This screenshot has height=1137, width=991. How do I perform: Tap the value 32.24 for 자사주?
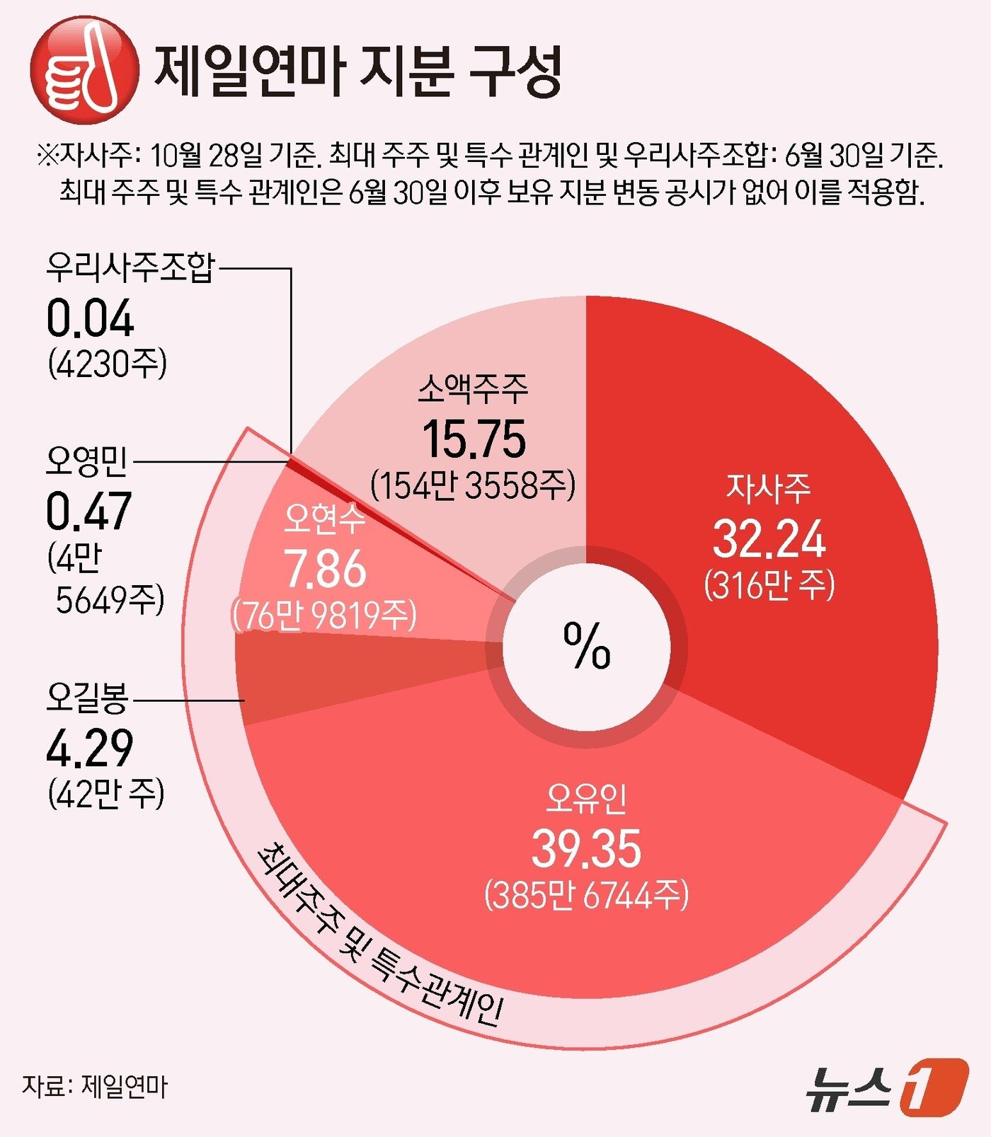tap(769, 539)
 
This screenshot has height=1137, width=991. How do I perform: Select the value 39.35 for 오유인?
tap(586, 848)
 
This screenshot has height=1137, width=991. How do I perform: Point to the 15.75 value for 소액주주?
tap(474, 439)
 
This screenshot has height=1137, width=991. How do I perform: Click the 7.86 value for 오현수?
tap(326, 569)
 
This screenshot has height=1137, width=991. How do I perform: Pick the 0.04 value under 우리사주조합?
tap(90, 319)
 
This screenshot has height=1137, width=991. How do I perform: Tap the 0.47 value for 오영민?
tap(88, 512)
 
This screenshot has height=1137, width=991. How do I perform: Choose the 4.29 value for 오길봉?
tap(89, 749)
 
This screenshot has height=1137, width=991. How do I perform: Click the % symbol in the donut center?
tap(587, 645)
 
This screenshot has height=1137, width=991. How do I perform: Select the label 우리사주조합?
tap(130, 268)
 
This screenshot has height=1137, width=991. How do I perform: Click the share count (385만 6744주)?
tap(586, 896)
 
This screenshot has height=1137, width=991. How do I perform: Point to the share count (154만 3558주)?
tap(473, 485)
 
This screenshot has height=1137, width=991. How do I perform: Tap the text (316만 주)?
tap(769, 586)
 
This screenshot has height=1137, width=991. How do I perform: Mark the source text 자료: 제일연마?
tap(95, 1086)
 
